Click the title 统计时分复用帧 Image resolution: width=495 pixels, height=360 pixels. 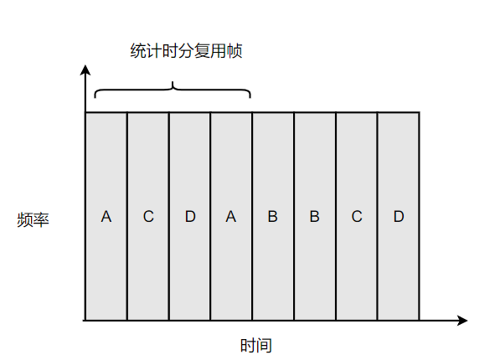186,51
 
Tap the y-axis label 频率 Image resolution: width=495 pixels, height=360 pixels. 34,219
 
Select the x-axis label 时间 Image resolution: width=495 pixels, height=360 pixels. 256,346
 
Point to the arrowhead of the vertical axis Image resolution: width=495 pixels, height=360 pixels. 85,69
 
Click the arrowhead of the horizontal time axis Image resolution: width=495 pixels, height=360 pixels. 462,321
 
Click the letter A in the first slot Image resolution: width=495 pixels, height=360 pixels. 106,217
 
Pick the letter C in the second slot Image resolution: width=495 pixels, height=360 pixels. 148,217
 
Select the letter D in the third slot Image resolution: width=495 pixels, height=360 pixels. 190,217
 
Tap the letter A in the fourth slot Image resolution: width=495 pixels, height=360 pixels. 231,217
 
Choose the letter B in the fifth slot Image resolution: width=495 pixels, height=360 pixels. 273,217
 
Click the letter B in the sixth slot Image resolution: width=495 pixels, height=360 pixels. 314,217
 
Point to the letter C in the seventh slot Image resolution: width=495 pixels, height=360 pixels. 357,217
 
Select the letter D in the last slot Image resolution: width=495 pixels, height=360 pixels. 399,217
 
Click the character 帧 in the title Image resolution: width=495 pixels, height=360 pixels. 235,51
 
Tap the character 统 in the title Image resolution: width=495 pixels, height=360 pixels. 138,51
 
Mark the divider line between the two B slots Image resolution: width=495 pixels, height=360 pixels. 294,216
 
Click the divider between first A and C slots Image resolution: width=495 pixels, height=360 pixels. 127,216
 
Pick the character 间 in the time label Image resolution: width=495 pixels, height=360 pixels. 264,346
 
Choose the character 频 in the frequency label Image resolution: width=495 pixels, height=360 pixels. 25,219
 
